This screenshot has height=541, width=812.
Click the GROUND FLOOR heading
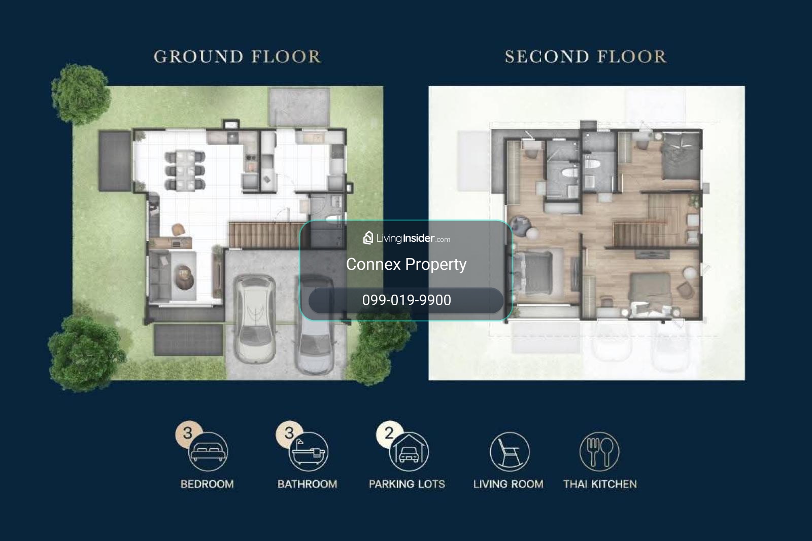click(x=238, y=56)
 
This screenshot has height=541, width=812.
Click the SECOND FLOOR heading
click(x=586, y=56)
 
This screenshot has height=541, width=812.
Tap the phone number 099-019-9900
click(x=407, y=300)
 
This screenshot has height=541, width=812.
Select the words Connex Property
click(x=406, y=264)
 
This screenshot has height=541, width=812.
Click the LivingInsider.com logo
click(x=407, y=238)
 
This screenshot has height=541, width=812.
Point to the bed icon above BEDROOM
click(x=208, y=452)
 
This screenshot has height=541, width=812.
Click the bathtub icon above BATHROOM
click(x=309, y=452)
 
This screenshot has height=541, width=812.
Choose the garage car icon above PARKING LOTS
click(x=409, y=452)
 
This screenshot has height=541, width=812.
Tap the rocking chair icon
click(x=510, y=452)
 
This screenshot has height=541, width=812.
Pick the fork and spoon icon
click(x=599, y=452)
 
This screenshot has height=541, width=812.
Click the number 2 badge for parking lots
click(x=389, y=434)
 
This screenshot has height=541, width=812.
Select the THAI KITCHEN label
click(x=600, y=484)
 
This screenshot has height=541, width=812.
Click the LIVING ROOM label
click(x=508, y=484)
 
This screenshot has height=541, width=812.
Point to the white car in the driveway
click(x=254, y=319)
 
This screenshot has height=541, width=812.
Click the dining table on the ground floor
click(x=185, y=170)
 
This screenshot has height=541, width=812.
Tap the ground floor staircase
click(x=268, y=235)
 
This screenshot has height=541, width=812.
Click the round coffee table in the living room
click(x=185, y=277)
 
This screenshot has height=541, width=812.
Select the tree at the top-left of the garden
click(x=81, y=93)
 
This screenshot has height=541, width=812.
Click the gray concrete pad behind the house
click(x=299, y=106)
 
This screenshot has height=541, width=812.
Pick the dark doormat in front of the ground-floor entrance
click(x=188, y=340)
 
